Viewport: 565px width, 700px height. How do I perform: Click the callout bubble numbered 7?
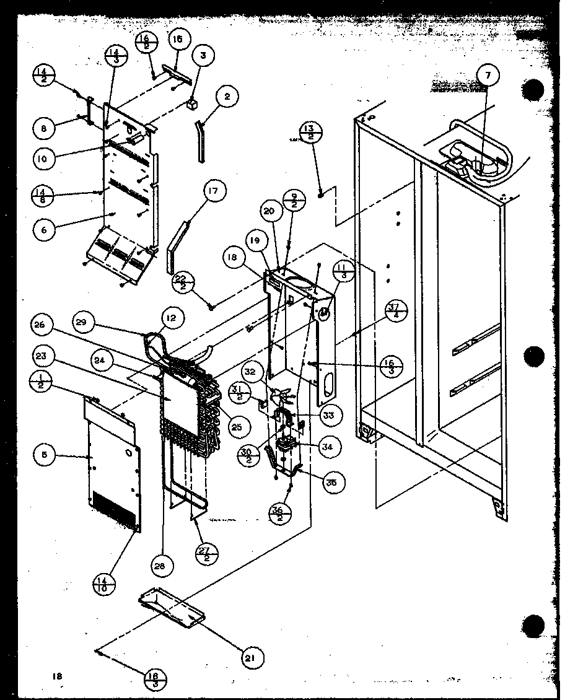(488, 76)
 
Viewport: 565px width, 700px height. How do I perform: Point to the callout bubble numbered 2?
(227, 97)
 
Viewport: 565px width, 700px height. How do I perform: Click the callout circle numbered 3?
(202, 55)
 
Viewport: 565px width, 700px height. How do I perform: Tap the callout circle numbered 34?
(327, 445)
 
